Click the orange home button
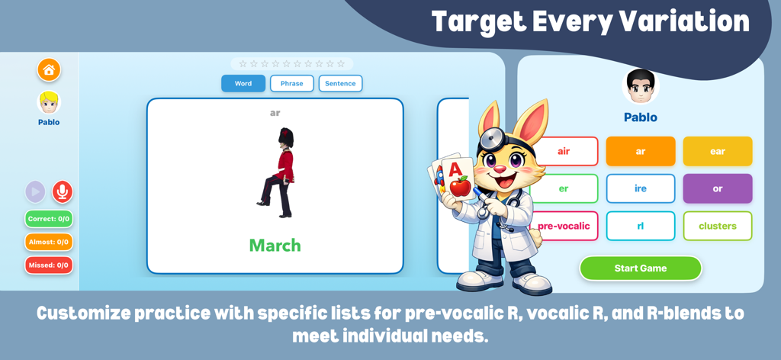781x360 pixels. (x=49, y=70)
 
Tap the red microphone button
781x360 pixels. (x=63, y=191)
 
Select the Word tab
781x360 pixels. (x=243, y=83)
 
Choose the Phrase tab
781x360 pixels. (x=292, y=83)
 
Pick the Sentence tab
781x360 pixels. (x=340, y=83)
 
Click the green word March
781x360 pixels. (x=275, y=246)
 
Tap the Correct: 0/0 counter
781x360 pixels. (x=49, y=219)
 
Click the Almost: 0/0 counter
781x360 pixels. (x=49, y=242)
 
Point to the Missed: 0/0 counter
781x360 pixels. (x=49, y=265)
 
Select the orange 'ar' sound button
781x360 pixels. (x=641, y=151)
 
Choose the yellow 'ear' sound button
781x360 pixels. (x=718, y=151)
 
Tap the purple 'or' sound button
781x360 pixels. (x=718, y=188)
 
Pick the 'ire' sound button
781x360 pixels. (x=641, y=188)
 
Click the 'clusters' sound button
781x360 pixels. (x=718, y=226)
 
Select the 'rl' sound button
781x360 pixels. (x=641, y=226)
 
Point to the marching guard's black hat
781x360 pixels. (x=285, y=137)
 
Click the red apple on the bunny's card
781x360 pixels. (x=459, y=185)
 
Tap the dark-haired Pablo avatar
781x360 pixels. (x=641, y=86)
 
